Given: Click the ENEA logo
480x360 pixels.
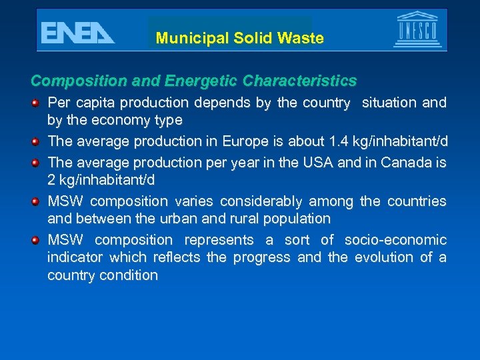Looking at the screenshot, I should click(x=77, y=32).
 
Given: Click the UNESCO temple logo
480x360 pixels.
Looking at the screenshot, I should click(x=417, y=29).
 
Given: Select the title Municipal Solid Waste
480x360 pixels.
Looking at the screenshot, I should click(x=240, y=38).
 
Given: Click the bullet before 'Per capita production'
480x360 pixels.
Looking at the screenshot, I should click(x=37, y=103).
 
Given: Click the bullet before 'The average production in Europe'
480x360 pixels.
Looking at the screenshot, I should click(x=37, y=141).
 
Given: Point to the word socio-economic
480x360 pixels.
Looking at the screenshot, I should click(x=395, y=240).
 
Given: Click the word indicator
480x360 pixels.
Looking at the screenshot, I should click(x=75, y=257).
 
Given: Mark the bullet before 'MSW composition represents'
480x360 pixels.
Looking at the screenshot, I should click(x=37, y=240).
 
